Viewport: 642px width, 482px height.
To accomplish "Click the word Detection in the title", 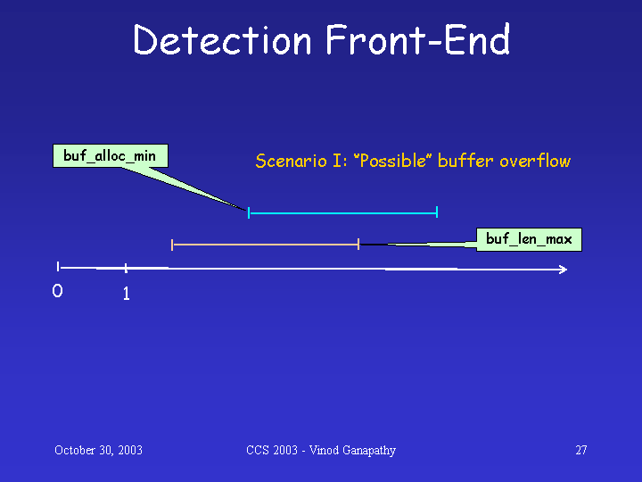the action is pyautogui.click(x=222, y=39).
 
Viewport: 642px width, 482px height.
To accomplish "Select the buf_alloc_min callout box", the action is pyautogui.click(x=111, y=155).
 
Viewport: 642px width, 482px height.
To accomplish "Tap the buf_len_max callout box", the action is pyautogui.click(x=529, y=239).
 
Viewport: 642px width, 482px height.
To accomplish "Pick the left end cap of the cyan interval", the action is pyautogui.click(x=249, y=212).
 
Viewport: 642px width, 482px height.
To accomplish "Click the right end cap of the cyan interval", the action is pyautogui.click(x=437, y=212).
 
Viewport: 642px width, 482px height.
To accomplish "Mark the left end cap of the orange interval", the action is pyautogui.click(x=172, y=245).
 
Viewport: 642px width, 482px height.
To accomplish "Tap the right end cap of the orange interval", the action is pyautogui.click(x=358, y=244).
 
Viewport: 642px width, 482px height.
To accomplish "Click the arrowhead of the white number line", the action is pyautogui.click(x=564, y=270).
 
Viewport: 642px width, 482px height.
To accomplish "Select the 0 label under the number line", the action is pyautogui.click(x=57, y=291).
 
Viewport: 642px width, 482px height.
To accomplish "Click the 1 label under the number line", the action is pyautogui.click(x=126, y=294).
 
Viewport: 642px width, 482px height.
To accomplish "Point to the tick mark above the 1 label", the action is pyautogui.click(x=126, y=268).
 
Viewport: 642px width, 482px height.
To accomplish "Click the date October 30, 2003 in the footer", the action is pyautogui.click(x=98, y=450).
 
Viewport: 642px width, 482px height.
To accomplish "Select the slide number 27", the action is pyautogui.click(x=581, y=450).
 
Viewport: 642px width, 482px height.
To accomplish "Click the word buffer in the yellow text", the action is pyautogui.click(x=465, y=161).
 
